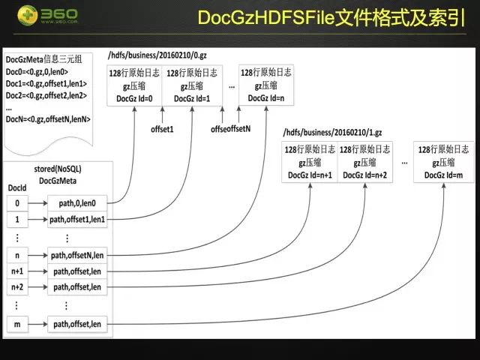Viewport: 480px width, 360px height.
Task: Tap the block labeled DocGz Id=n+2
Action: click(364, 161)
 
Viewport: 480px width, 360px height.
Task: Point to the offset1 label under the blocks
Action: click(163, 128)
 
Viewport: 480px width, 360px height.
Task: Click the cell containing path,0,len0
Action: click(77, 202)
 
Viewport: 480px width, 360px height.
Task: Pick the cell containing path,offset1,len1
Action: click(77, 220)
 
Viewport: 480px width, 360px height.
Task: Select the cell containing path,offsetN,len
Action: click(77, 256)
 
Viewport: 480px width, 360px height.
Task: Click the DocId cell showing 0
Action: click(16, 202)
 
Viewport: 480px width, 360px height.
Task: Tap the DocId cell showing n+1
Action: click(16, 271)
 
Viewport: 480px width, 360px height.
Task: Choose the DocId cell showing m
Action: click(16, 324)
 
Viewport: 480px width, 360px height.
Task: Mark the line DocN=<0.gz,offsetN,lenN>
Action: click(47, 118)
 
